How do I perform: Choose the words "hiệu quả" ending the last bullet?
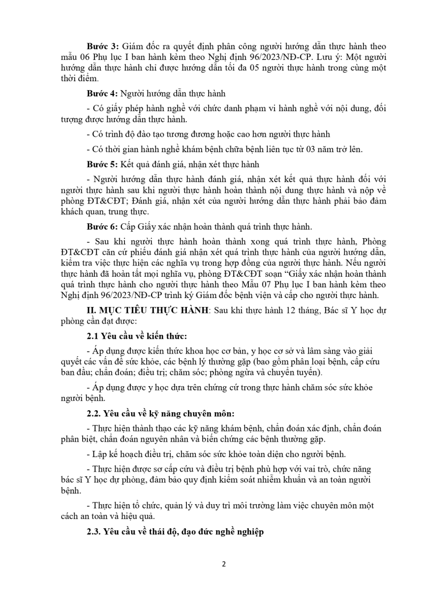pos(138,515)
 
